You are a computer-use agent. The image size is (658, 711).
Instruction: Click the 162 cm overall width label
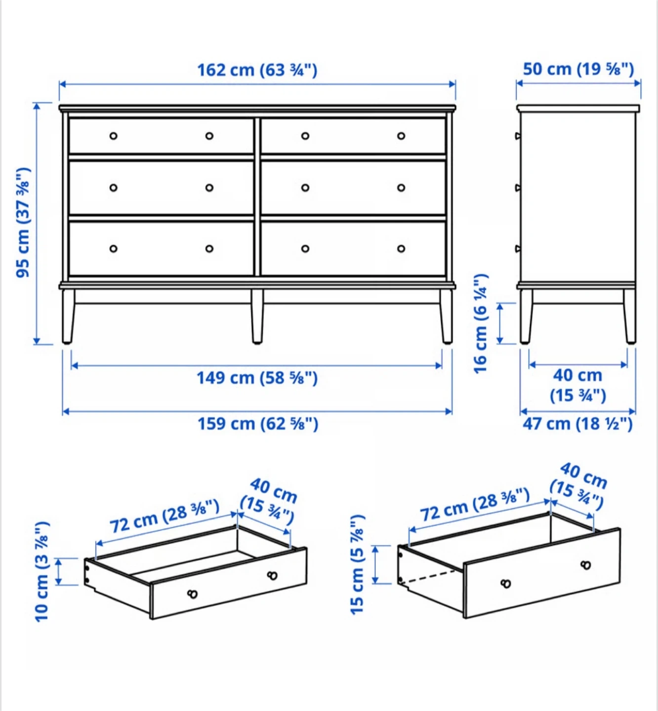[x=257, y=70]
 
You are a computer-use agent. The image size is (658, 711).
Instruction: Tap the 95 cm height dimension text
[x=23, y=222]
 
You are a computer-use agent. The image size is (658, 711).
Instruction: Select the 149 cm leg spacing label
[x=257, y=378]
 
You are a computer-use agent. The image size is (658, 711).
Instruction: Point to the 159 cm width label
[x=258, y=424]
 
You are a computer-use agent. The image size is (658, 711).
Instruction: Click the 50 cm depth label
[x=578, y=69]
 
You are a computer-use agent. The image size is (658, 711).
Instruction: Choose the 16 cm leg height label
[x=481, y=324]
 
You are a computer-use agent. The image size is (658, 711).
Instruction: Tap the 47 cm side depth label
[x=578, y=424]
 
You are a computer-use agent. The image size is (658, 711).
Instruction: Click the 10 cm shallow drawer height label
[x=42, y=572]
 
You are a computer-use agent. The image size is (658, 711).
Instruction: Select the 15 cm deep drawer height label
[x=357, y=564]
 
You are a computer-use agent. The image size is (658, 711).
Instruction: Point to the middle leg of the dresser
[x=257, y=316]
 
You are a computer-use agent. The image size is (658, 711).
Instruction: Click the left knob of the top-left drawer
[x=114, y=136]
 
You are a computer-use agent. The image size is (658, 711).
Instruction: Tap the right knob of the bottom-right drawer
[x=401, y=248]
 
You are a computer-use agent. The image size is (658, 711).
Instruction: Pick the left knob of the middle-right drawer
[x=305, y=188]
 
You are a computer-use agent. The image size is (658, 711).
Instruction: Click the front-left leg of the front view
[x=68, y=316]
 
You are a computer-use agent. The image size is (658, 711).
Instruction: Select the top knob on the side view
[x=518, y=136]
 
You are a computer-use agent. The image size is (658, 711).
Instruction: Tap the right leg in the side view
[x=630, y=316]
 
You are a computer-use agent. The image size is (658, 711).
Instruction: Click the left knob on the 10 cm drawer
[x=192, y=594]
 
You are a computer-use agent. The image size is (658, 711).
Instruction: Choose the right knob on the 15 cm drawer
[x=586, y=565]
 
